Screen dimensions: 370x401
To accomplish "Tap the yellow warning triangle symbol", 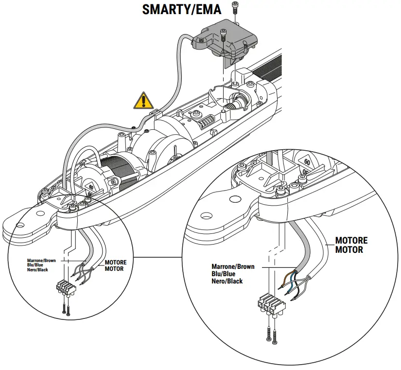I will pos(144,101).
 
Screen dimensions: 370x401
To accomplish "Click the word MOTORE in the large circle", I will pos(351,241).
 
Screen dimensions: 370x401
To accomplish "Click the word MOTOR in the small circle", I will pos(114,269).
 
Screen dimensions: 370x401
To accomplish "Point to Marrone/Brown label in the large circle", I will pos(233,266).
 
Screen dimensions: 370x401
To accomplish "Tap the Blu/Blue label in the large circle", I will pos(224,274).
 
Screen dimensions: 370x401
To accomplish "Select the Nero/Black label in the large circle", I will pos(227,281).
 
